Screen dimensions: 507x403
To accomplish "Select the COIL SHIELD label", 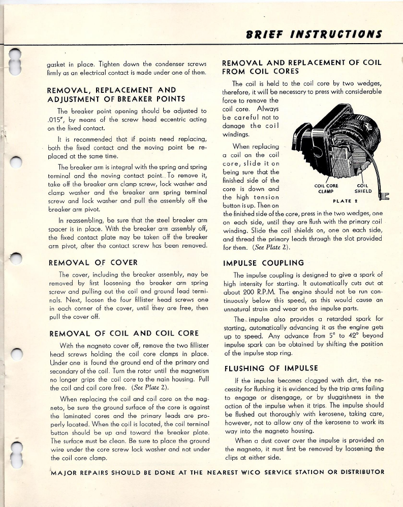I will point(363,188).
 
